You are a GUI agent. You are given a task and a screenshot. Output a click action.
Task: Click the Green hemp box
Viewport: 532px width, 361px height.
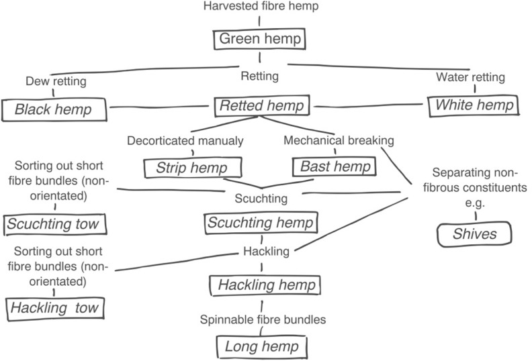pos(259,39)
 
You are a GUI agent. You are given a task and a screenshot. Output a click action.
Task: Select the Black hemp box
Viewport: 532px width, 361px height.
pos(53,108)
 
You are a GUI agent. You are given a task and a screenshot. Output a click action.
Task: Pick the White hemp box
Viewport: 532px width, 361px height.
pos(473,105)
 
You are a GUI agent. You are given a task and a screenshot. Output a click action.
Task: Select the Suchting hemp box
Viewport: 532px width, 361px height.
pos(261,223)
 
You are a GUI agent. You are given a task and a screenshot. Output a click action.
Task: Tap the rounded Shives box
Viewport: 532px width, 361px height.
pos(474,234)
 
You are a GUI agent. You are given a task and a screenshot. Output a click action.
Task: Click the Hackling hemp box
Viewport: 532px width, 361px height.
pos(261,285)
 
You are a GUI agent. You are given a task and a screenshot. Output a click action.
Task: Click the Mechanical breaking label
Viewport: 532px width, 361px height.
pos(338,141)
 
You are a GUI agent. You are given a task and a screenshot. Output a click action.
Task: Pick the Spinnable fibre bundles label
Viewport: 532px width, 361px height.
pos(262,320)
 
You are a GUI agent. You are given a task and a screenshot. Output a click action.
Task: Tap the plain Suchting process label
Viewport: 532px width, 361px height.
pos(261,199)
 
